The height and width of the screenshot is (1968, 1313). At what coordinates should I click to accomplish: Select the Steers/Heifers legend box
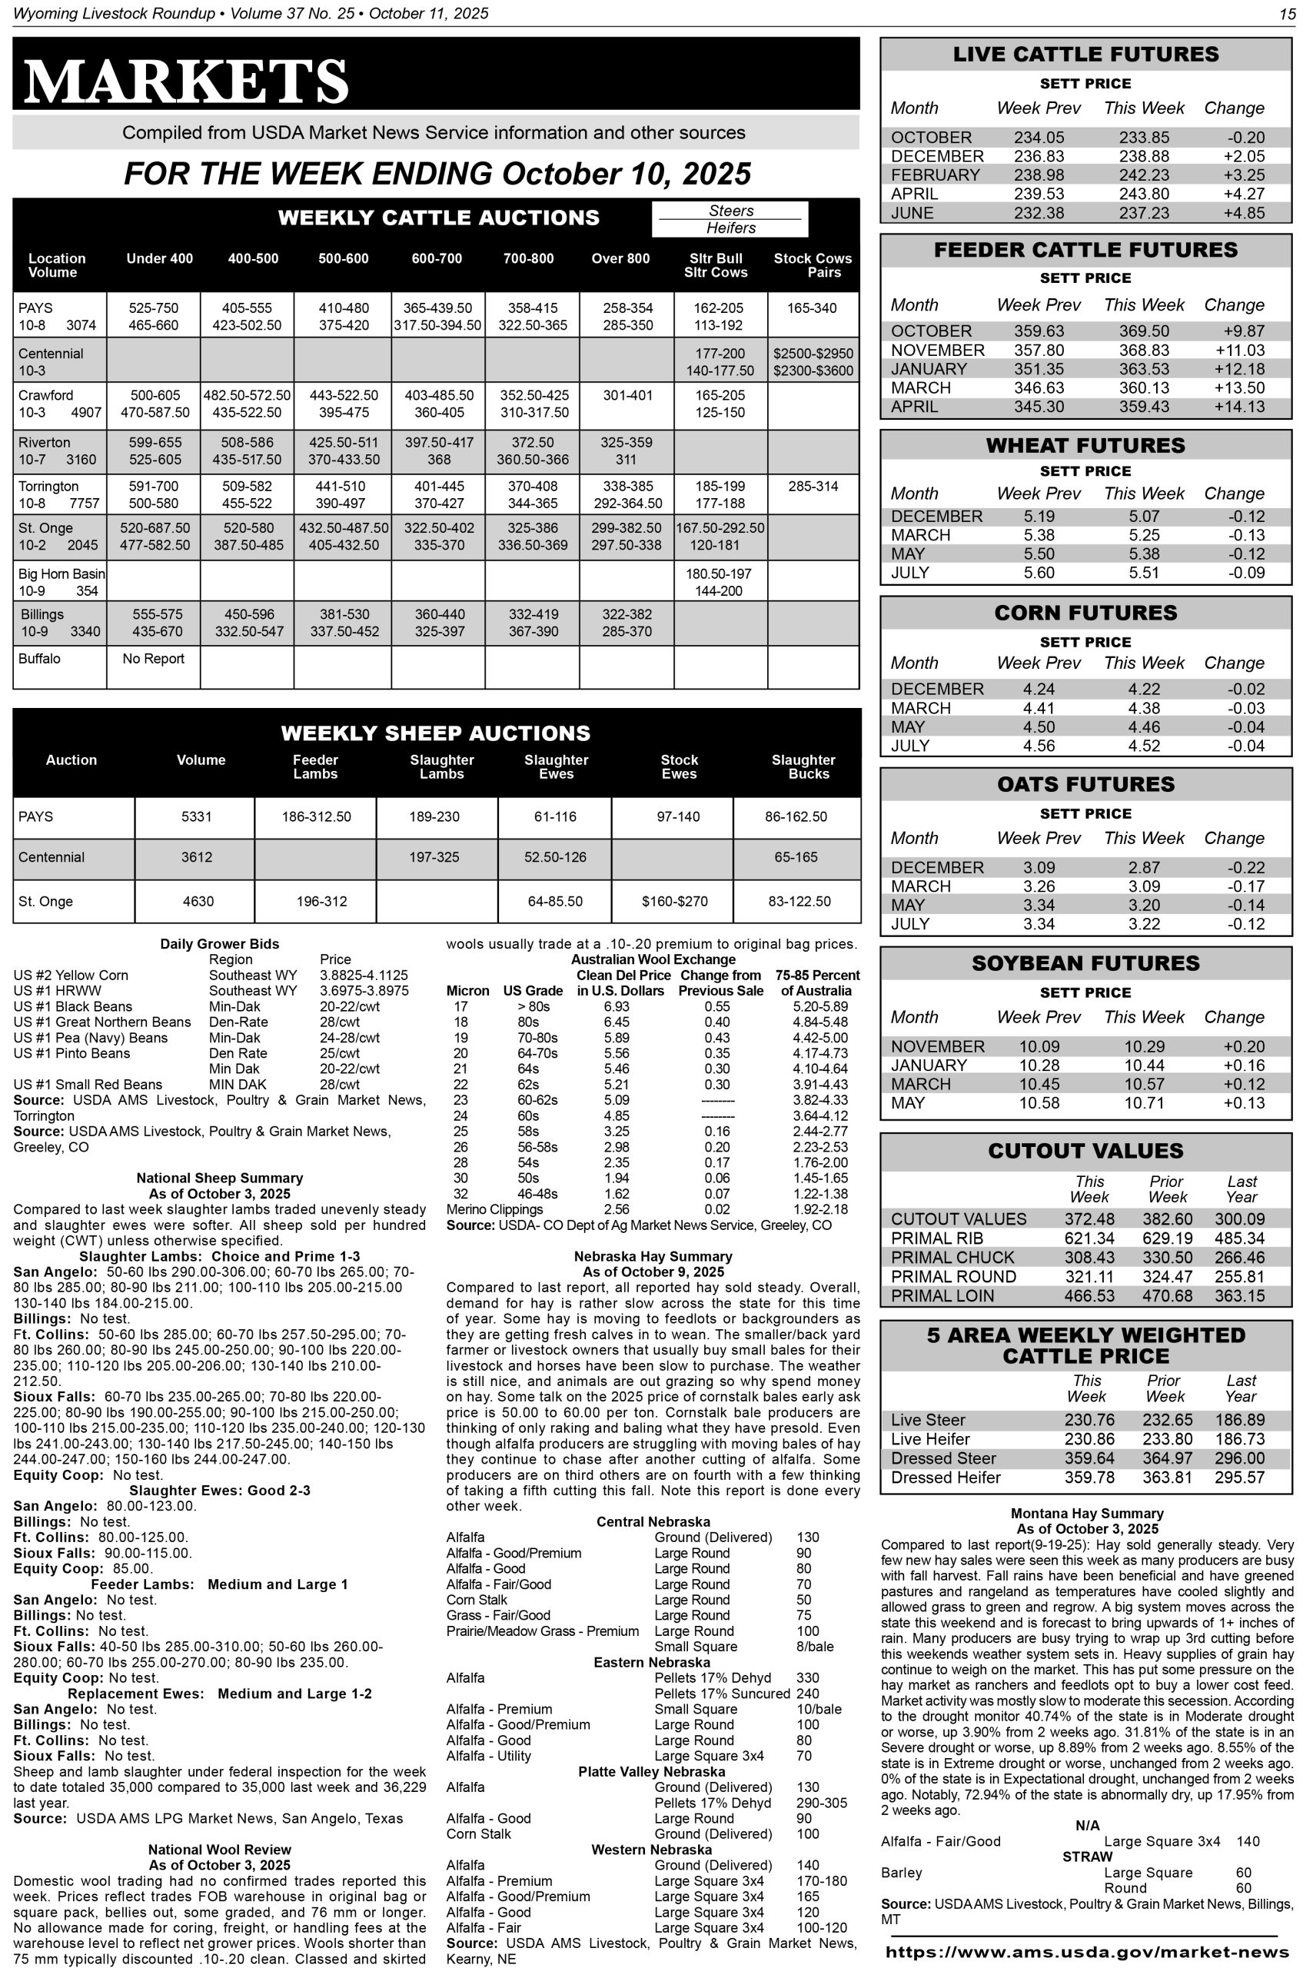730,218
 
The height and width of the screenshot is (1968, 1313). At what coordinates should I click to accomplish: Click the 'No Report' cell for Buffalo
153,658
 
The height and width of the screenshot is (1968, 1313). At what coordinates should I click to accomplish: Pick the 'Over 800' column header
620,259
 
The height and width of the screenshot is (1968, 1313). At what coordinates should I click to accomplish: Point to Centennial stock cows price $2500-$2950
813,354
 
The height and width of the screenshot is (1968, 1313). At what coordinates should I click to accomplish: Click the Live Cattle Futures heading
1085,55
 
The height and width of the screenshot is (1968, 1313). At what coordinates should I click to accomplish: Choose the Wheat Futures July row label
910,573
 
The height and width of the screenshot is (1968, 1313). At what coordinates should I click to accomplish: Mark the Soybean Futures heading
1085,963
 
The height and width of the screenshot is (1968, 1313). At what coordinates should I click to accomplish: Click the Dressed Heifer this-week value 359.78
1089,1478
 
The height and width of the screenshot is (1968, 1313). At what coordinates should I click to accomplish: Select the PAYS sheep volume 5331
197,816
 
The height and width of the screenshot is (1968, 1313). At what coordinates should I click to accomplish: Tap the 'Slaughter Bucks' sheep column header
803,766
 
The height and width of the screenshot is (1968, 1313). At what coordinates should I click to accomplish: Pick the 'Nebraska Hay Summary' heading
653,1256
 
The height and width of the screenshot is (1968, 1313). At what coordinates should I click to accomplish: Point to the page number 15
1287,13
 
